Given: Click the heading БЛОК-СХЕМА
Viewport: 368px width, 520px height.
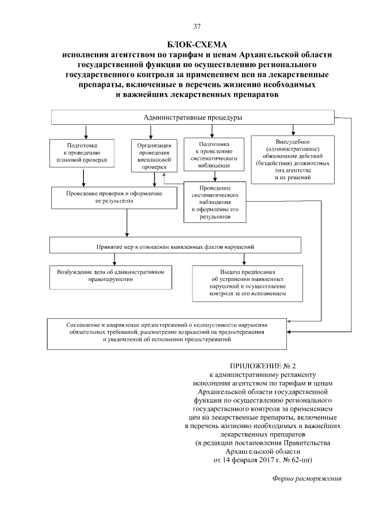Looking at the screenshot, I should [197, 44].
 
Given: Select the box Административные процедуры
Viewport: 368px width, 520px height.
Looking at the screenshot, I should [193, 118].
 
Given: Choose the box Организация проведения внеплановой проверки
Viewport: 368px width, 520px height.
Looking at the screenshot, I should [152, 155].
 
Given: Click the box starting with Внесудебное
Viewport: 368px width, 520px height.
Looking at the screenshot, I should [293, 159].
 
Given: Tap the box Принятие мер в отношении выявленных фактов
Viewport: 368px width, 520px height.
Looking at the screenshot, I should [175, 245].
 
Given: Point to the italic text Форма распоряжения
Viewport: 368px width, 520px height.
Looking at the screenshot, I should [306, 478].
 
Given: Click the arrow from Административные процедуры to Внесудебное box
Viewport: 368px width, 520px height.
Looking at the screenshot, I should [293, 129].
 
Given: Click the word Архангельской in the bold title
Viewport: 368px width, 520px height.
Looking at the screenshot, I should [276, 53].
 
